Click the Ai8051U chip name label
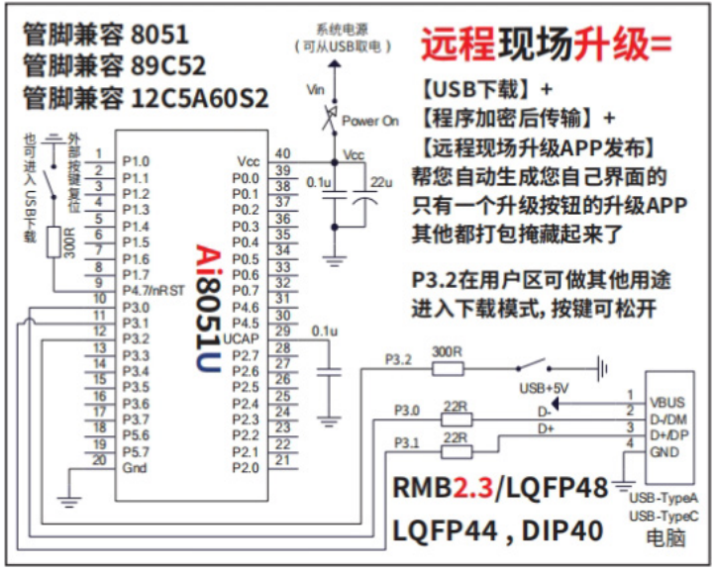coord(206,313)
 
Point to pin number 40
coord(283,154)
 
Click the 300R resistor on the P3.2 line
coord(448,367)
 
